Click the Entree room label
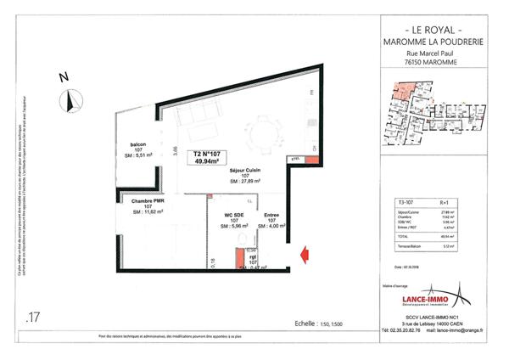(x=270, y=215)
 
